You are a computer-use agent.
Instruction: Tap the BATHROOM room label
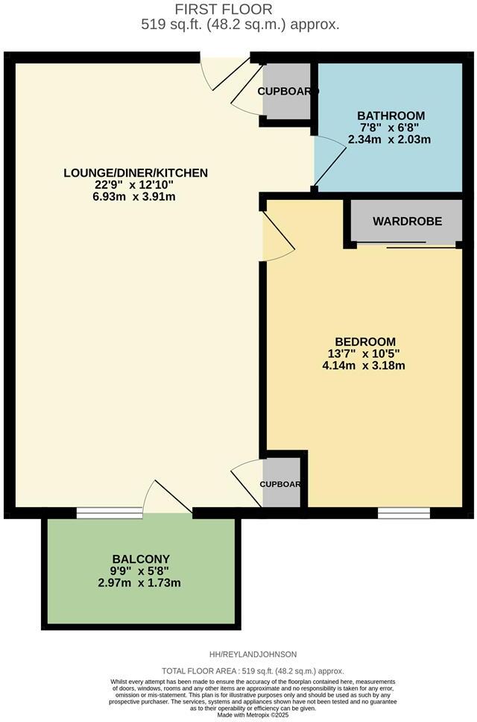391,116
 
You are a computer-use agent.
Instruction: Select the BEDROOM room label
364,342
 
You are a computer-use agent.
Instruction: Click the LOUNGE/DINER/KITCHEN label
136,173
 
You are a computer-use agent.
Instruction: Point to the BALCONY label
141,559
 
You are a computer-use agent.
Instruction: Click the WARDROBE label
407,222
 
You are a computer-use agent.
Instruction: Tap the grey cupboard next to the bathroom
287,91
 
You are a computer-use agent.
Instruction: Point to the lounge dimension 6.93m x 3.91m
136,197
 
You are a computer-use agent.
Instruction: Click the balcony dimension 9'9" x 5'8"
141,571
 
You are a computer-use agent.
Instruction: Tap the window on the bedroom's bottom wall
403,512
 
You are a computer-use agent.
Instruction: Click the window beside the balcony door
110,512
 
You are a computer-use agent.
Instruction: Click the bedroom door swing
277,237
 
